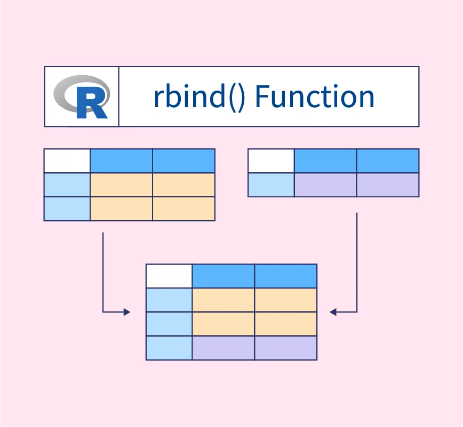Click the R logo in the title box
click(x=82, y=96)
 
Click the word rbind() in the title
click(x=200, y=96)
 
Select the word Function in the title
click(x=315, y=96)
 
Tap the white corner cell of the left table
click(x=67, y=161)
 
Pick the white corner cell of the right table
click(x=271, y=161)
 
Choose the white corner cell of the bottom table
click(x=169, y=276)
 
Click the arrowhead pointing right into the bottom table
click(x=127, y=312)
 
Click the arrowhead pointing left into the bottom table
click(x=333, y=312)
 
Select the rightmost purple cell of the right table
click(x=388, y=185)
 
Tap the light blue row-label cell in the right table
click(x=271, y=185)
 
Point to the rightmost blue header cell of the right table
click(x=388, y=161)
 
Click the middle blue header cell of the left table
click(x=121, y=161)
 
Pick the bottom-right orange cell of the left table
click(x=183, y=208)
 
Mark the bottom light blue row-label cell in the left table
click(x=67, y=208)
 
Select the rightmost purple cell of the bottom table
click(x=286, y=348)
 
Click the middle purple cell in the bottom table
click(x=223, y=348)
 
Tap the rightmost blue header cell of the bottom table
click(x=286, y=276)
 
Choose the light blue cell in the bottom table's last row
click(x=169, y=348)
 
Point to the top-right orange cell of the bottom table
click(x=286, y=300)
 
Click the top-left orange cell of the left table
click(x=121, y=185)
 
